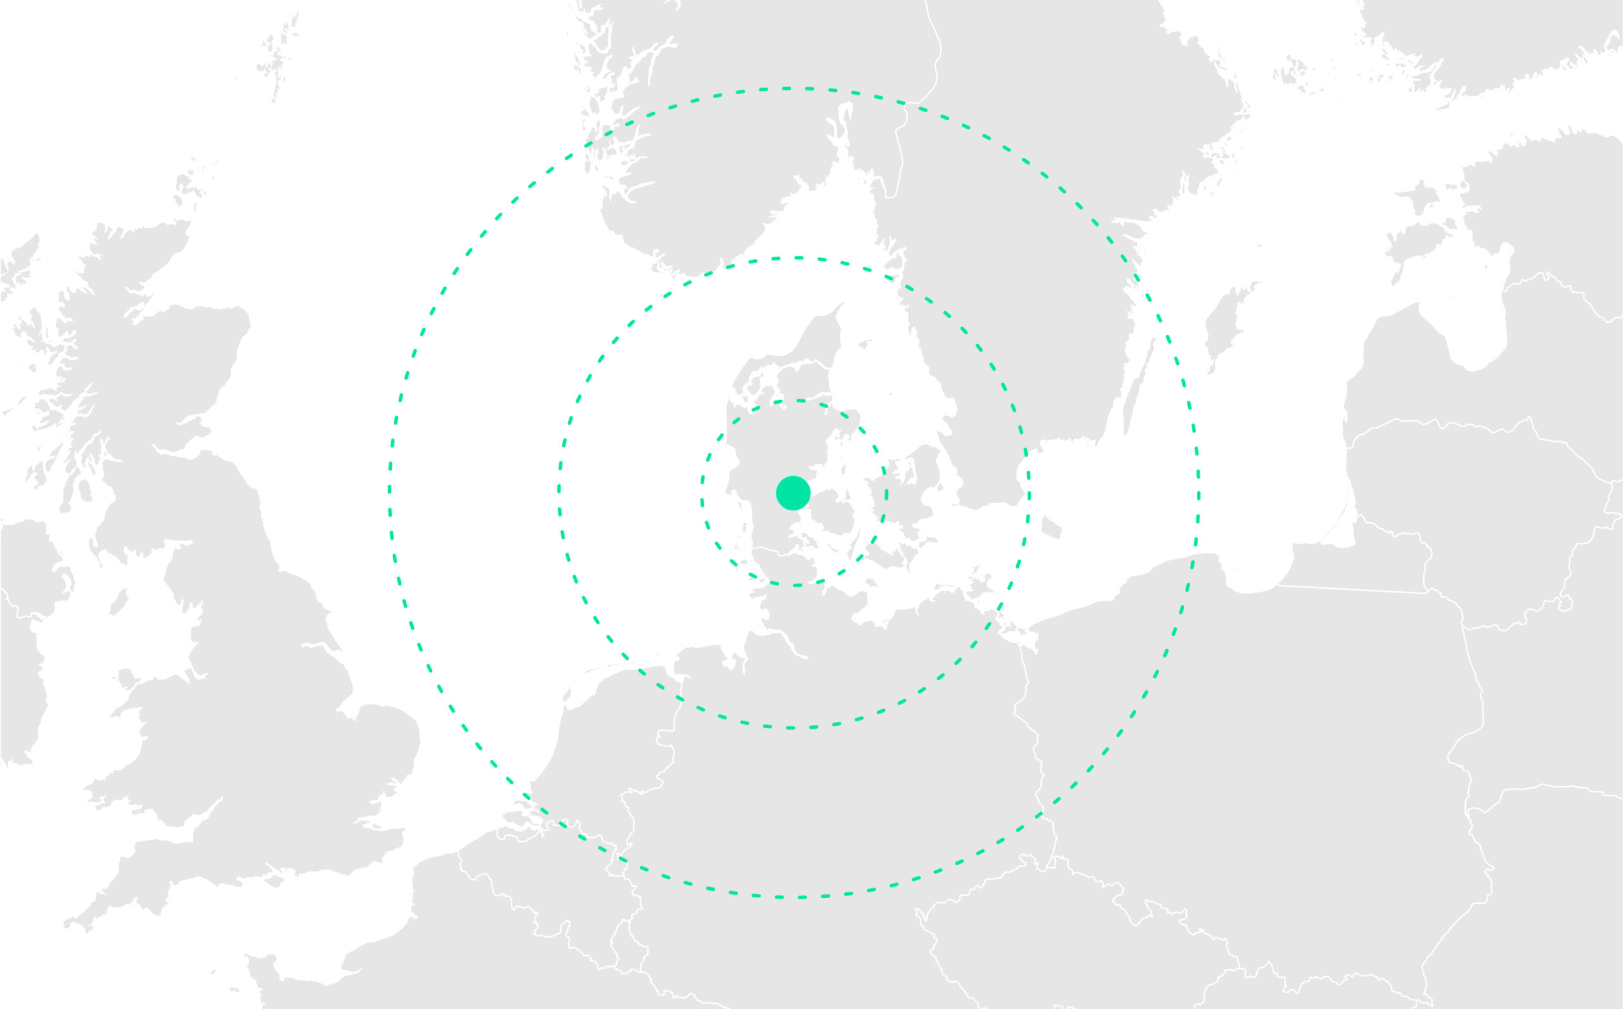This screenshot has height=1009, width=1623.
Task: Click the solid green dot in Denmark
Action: point(793,493)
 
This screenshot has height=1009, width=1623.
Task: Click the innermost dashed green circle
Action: point(701,494)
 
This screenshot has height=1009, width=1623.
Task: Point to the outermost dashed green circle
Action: point(390,494)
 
